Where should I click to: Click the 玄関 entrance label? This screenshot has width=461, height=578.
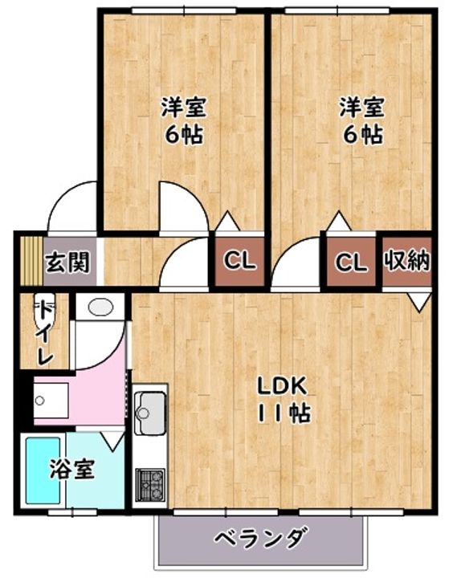click(67, 263)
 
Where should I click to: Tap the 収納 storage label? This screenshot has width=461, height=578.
click(407, 261)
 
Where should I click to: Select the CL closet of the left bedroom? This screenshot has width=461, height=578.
click(239, 262)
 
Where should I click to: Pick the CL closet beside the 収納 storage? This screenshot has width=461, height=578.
click(352, 262)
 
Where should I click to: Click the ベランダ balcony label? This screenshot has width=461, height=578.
click(260, 539)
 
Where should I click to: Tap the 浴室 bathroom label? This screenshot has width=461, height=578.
click(72, 469)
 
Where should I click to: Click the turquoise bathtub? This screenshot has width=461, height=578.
click(43, 470)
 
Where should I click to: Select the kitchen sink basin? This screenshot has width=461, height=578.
click(150, 413)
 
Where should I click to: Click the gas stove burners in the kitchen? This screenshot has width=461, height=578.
click(150, 485)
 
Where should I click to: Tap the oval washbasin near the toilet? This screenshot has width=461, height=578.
click(100, 307)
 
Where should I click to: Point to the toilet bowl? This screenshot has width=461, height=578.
click(43, 311)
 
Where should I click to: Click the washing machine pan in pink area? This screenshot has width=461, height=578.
click(51, 401)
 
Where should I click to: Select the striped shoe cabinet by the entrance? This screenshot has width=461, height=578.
click(31, 261)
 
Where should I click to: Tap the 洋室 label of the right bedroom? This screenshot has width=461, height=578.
click(361, 107)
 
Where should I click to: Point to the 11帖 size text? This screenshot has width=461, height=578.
click(284, 413)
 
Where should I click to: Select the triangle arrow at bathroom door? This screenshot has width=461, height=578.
click(113, 441)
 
